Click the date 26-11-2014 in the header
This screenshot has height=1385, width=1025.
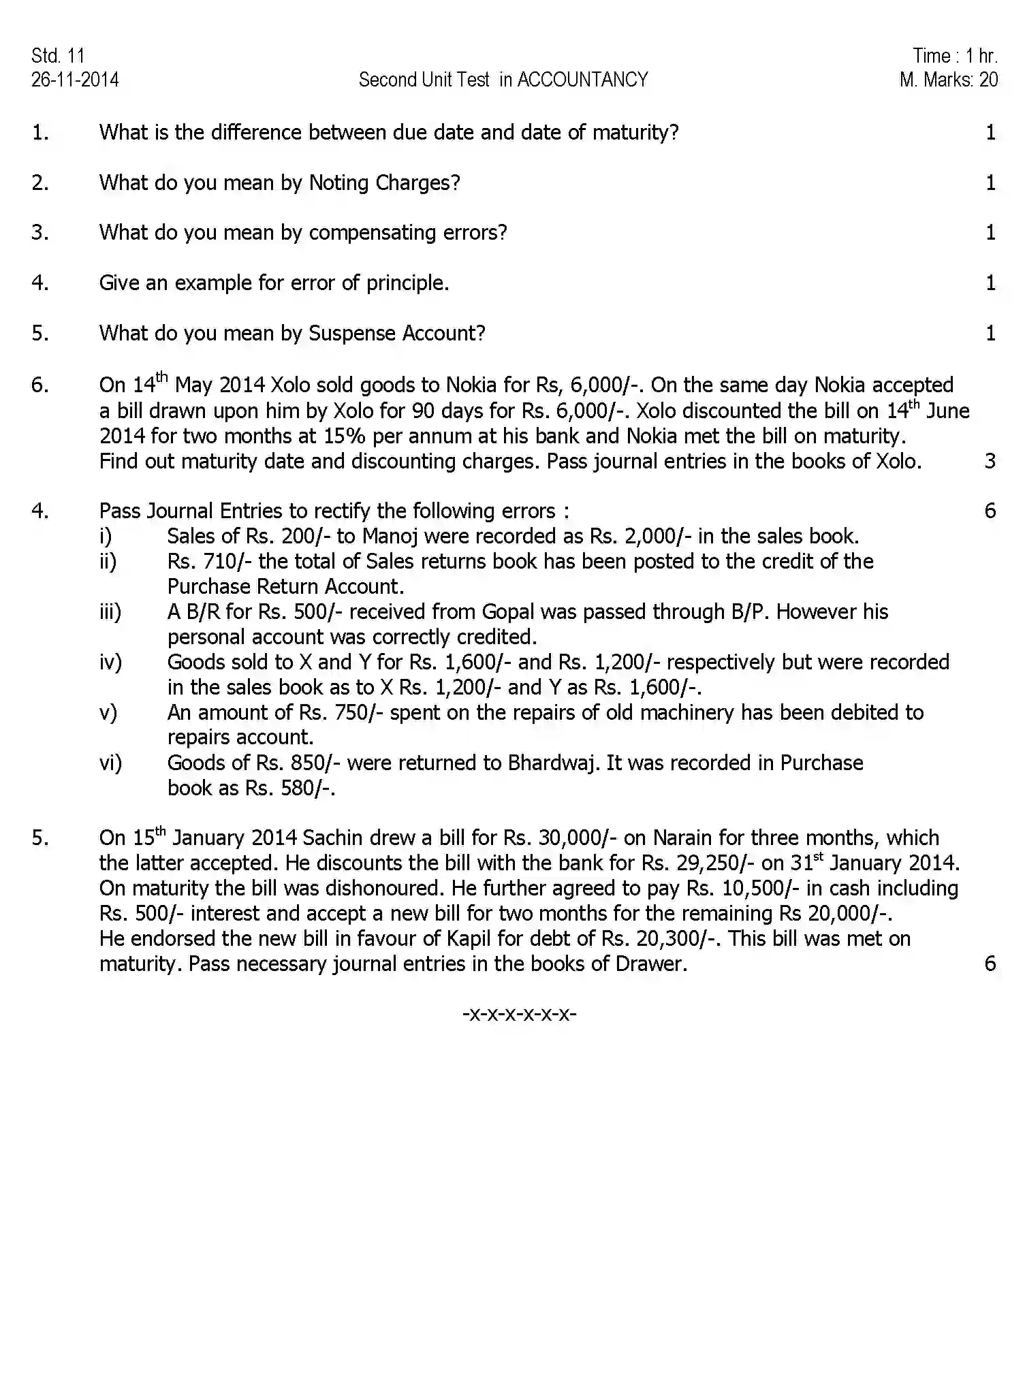point(75,80)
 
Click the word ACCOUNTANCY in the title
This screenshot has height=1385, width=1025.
point(582,80)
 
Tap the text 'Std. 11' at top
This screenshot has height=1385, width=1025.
point(58,56)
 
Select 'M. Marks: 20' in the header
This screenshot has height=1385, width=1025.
point(948,80)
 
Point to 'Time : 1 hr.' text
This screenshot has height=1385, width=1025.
point(955,56)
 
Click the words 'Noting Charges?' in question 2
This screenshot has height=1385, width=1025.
point(385,183)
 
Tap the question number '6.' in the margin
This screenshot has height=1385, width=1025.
point(40,385)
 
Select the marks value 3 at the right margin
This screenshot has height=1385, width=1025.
point(990,462)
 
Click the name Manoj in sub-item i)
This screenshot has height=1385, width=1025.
point(390,537)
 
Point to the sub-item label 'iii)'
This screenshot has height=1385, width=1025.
point(110,612)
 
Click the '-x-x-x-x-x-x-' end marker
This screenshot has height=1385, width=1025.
point(519,1014)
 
